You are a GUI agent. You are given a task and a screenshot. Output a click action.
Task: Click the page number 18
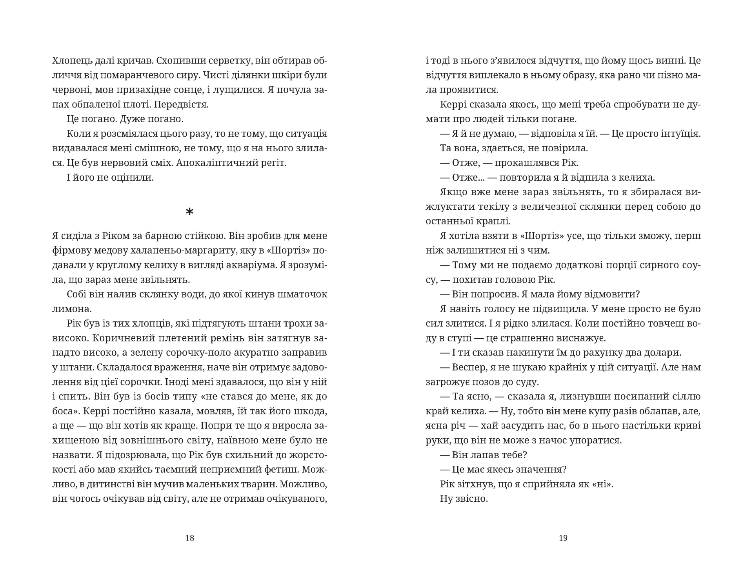point(189,538)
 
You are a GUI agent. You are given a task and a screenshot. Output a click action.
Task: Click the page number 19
point(563,538)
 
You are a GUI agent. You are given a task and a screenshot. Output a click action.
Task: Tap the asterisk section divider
point(189,212)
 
